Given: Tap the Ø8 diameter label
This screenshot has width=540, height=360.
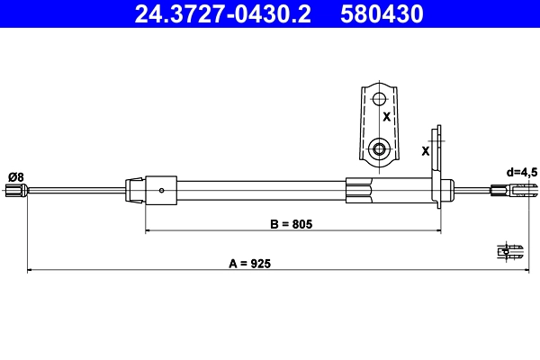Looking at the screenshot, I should tap(15, 175).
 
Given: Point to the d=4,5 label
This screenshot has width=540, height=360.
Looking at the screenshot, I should tap(521, 171).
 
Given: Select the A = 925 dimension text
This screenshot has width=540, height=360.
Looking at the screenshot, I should tap(250, 264).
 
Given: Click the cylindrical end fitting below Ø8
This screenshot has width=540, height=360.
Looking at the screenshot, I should tap(14, 190).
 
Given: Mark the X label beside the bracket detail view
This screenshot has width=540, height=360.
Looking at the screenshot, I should tap(387, 117).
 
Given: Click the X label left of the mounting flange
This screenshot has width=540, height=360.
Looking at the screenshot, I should tap(426, 150).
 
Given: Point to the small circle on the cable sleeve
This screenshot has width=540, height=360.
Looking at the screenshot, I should tap(161, 190).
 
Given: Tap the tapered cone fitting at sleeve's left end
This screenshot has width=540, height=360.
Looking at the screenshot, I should tap(134, 189).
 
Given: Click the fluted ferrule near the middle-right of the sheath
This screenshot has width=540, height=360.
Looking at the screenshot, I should tap(359, 189).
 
